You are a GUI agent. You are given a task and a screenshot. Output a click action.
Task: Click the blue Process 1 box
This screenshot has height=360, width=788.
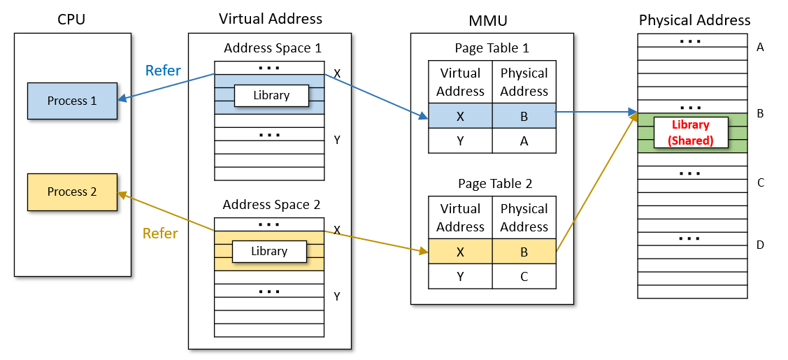[x=72, y=101]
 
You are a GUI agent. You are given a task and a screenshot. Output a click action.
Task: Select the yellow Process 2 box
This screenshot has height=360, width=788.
[x=72, y=192]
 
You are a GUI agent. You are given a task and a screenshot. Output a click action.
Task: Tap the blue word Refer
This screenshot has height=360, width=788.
[x=163, y=71]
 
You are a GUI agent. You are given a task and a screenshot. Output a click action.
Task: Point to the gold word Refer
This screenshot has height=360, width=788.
[x=160, y=233]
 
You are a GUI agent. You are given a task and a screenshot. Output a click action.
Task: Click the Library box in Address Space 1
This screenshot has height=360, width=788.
[x=271, y=96]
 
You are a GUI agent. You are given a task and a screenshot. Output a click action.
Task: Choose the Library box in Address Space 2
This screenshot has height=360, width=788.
[x=269, y=251]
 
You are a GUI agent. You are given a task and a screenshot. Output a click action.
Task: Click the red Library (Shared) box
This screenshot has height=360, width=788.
[x=690, y=133]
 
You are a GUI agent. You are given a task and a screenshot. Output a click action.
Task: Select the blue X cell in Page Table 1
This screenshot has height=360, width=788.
[x=460, y=116]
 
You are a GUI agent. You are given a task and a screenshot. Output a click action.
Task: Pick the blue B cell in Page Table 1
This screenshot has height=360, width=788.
[x=524, y=116]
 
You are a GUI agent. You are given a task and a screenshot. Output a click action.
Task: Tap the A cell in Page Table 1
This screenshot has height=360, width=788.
[x=524, y=141]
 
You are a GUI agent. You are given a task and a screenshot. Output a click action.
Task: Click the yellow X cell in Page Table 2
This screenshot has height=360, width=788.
[x=460, y=251]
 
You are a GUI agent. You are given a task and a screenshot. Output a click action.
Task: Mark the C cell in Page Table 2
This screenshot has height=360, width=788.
[x=524, y=276]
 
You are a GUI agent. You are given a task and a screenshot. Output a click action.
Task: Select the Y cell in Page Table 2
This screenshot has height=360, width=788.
[x=460, y=276]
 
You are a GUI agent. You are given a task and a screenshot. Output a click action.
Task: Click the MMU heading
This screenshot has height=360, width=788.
[x=492, y=20]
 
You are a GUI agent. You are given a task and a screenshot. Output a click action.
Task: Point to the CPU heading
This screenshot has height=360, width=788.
[x=71, y=20]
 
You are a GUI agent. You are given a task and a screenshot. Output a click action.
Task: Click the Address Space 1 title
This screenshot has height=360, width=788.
[x=273, y=48]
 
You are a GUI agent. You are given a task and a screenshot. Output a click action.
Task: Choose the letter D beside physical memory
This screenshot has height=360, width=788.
[x=761, y=245]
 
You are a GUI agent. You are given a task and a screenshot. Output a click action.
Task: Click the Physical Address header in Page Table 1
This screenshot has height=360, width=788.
[x=524, y=82]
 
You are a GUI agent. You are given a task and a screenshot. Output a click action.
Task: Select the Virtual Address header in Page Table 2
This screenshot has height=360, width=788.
[x=460, y=218]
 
